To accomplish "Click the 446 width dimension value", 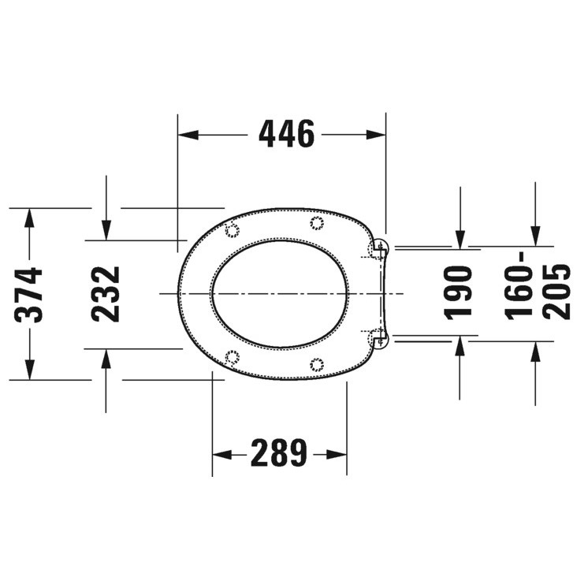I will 286,135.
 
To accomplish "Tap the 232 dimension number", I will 106,293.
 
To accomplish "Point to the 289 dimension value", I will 278,453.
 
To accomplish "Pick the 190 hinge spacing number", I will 460,292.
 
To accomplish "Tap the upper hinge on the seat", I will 379,249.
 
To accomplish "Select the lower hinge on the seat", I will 379,338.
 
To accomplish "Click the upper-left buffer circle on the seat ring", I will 233,231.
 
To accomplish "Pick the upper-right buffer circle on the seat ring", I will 317,222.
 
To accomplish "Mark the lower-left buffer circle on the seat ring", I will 233,356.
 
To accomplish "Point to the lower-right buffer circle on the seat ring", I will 317,363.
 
